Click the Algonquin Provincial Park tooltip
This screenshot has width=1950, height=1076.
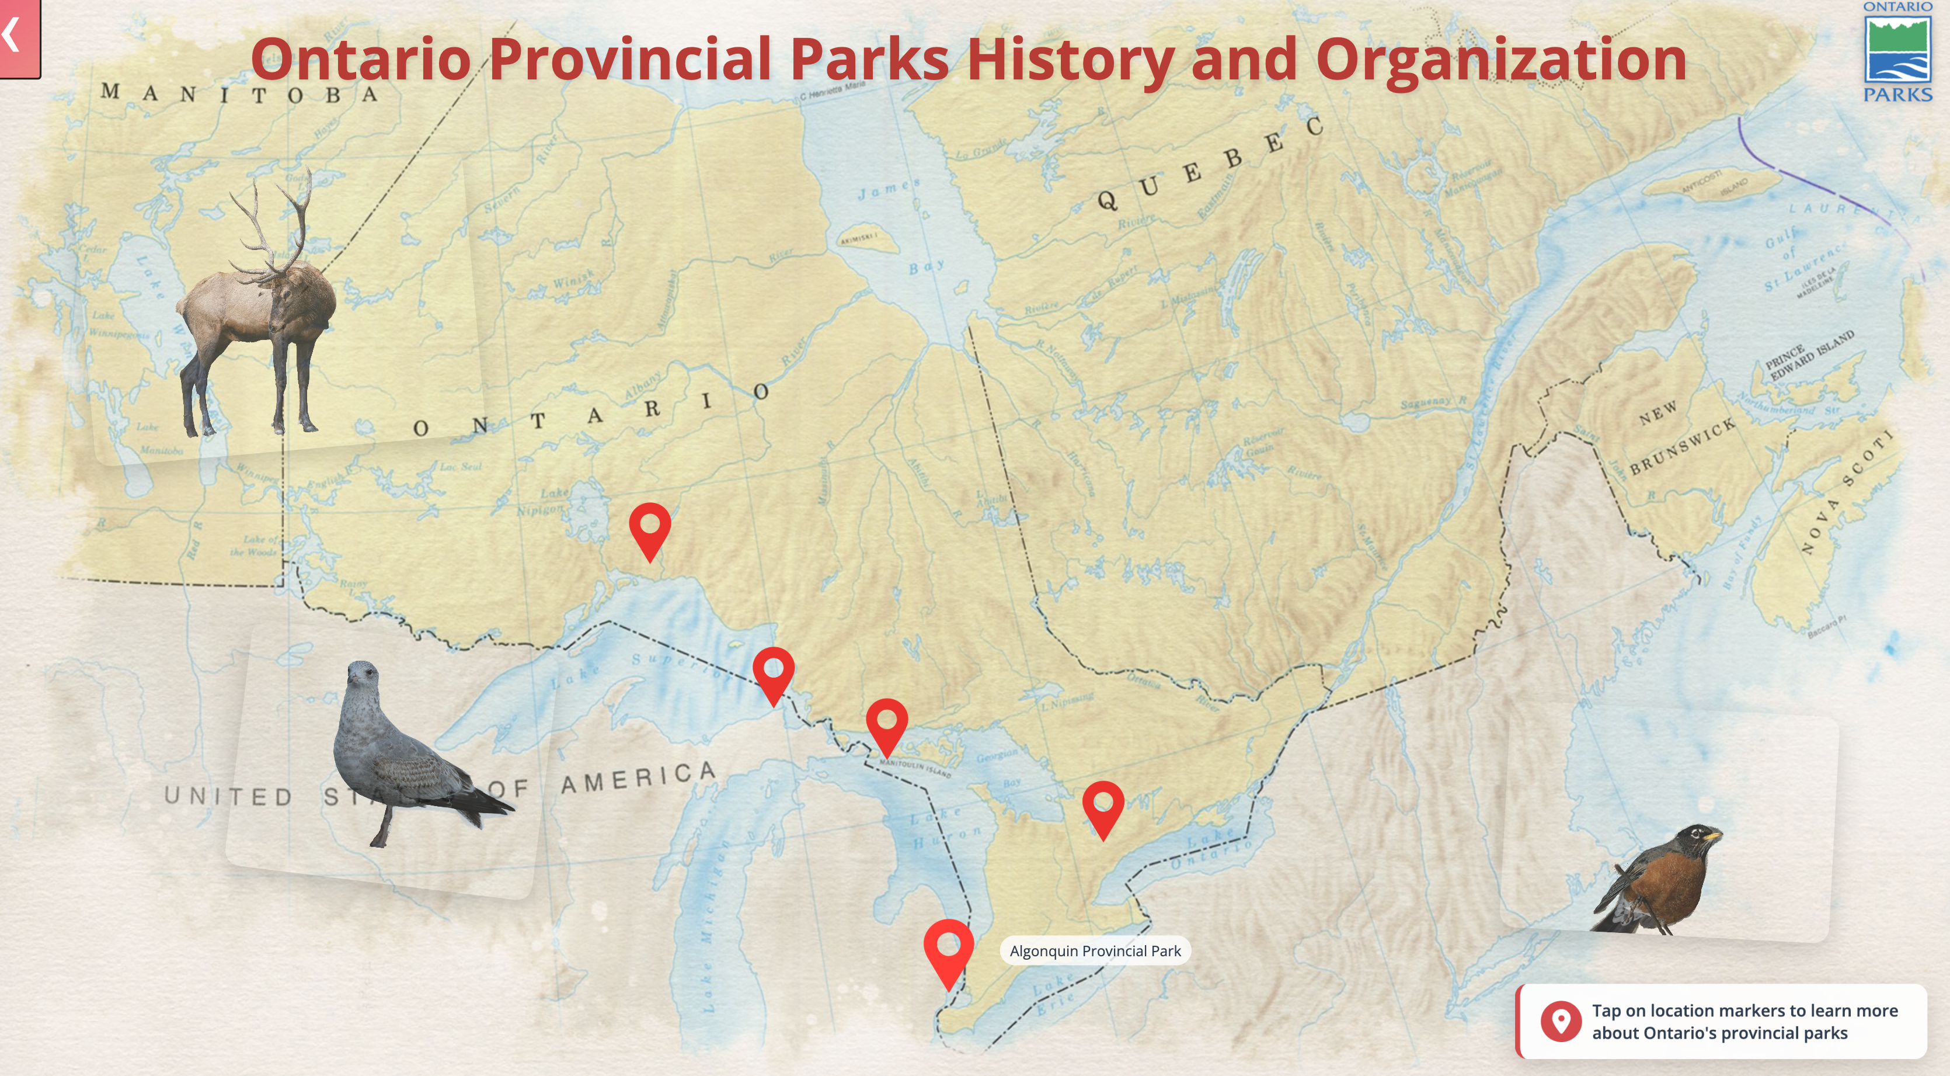pos(1095,951)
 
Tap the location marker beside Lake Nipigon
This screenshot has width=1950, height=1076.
pos(649,527)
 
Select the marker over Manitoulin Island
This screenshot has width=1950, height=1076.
pos(886,723)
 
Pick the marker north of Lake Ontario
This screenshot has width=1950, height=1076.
pos(1103,806)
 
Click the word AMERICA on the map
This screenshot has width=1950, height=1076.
pos(638,778)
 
